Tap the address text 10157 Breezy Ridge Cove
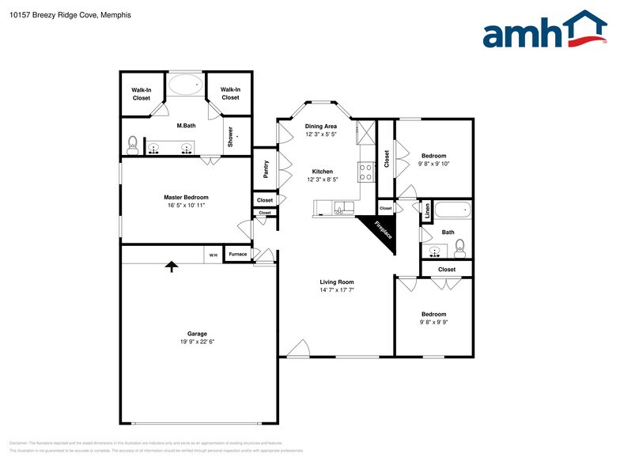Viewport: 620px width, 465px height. pyautogui.click(x=55, y=15)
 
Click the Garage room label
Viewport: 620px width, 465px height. pyautogui.click(x=197, y=334)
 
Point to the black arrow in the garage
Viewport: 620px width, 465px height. pyautogui.click(x=171, y=267)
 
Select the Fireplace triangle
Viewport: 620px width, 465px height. pyautogui.click(x=380, y=229)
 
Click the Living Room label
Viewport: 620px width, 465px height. pyautogui.click(x=336, y=282)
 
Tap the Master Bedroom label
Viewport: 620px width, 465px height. pyautogui.click(x=186, y=197)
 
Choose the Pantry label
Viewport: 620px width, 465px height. pyautogui.click(x=266, y=170)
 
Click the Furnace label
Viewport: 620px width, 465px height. pyautogui.click(x=237, y=254)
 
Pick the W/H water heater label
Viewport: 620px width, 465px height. pyautogui.click(x=213, y=255)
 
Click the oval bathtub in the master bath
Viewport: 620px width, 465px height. pyautogui.click(x=186, y=83)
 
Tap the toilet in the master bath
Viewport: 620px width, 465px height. pyautogui.click(x=133, y=145)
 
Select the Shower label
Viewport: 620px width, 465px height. pyautogui.click(x=231, y=137)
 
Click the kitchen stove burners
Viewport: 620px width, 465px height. pyautogui.click(x=366, y=172)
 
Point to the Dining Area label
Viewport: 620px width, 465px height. pyautogui.click(x=321, y=127)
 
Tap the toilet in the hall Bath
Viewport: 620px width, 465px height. pyautogui.click(x=460, y=247)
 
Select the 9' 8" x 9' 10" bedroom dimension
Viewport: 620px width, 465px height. pyautogui.click(x=433, y=164)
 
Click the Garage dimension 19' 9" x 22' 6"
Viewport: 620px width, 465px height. pyautogui.click(x=197, y=342)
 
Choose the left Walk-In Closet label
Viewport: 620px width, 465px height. pyautogui.click(x=142, y=93)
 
